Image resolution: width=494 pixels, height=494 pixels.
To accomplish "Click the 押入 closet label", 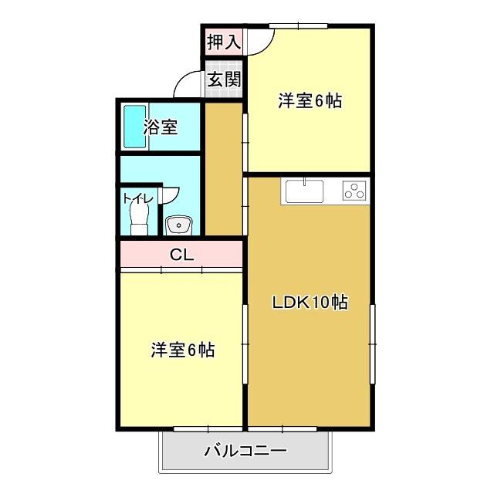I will pos(223,42).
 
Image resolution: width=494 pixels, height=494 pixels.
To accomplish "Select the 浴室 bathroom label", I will pos(161,127).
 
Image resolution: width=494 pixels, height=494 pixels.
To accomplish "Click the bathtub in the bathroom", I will pos(134,127).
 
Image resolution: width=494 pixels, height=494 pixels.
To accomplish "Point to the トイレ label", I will pos(138,198).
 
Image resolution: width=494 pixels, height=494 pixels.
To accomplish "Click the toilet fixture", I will pos(140,215).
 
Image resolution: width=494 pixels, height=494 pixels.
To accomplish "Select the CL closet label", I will pos(181,254).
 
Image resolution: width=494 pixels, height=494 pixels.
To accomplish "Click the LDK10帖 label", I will pos(309,303).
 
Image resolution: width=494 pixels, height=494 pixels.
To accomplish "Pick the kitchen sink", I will pos(304,190).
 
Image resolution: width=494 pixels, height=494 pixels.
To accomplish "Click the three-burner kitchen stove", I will pos(354,190).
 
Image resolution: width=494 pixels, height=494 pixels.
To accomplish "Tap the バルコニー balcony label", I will pos(245,451).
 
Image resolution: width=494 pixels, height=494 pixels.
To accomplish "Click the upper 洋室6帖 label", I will pos(310,100).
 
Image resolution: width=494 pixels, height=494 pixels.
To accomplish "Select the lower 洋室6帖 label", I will pos(182,350).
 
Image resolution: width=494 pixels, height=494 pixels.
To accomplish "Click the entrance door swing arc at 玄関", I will pos(188,83).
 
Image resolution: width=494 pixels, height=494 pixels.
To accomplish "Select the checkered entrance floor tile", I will pos(224,91).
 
